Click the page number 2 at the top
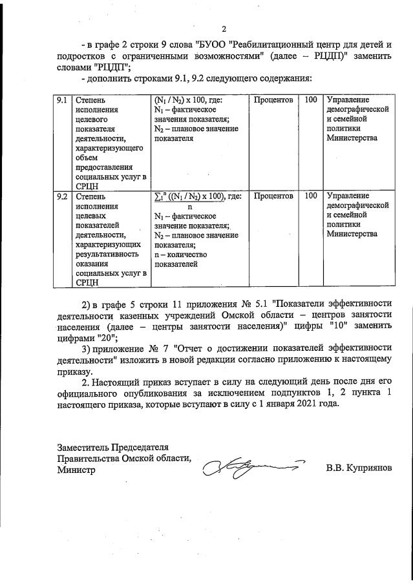pos(224,28)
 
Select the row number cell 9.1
pos(62,101)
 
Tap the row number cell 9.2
pos(62,196)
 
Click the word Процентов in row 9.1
pos(273,101)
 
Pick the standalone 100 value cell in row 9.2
pos(311,196)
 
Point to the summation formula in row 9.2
pos(197,196)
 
